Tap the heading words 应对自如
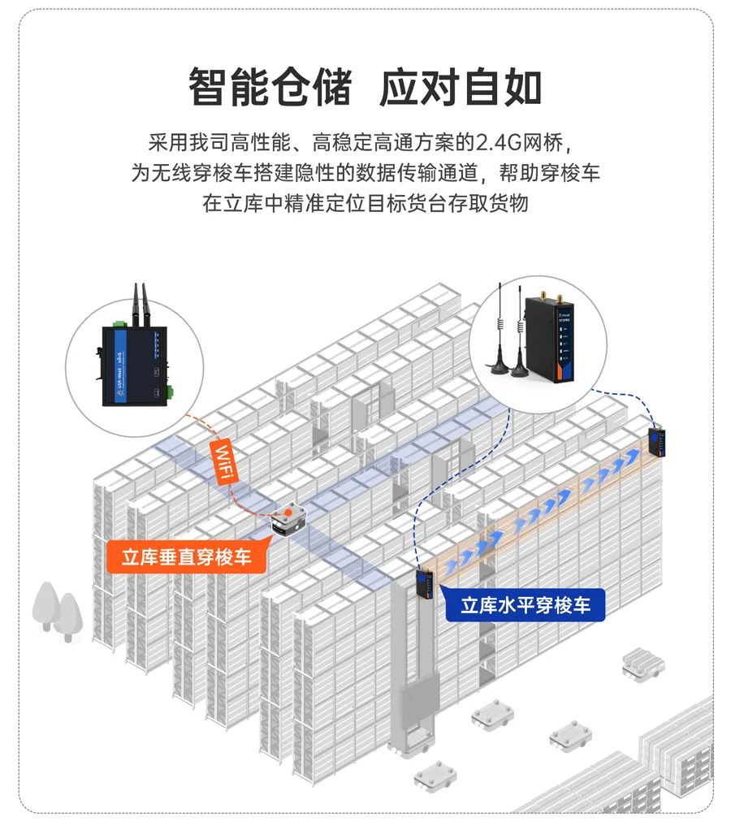(461, 87)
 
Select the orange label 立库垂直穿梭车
(186, 558)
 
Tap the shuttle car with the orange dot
(289, 520)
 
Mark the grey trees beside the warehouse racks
(57, 609)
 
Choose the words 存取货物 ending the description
(495, 202)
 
